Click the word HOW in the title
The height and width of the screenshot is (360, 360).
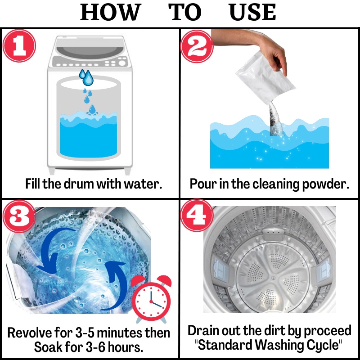point(110,12)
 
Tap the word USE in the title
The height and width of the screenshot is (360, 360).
point(252,12)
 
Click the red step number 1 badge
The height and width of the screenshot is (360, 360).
point(19,46)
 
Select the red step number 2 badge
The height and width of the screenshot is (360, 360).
point(197,46)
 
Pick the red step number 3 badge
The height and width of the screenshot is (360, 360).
point(19,216)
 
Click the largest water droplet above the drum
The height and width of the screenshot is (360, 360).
point(88,78)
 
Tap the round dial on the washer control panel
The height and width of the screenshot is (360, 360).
point(122,63)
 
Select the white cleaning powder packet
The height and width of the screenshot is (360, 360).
point(265,75)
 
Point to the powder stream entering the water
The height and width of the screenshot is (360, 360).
point(275,119)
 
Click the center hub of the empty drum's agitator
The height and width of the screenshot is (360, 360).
point(273,278)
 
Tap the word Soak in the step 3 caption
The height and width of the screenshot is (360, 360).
point(48,347)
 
